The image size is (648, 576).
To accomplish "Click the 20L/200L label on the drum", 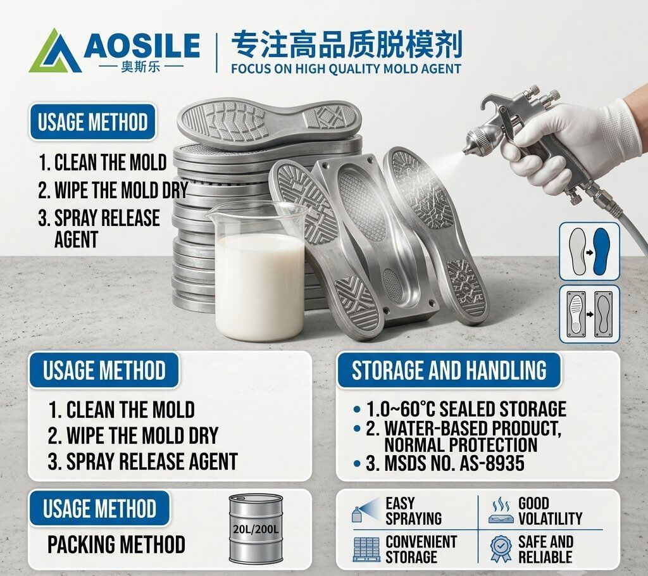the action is click(256, 529).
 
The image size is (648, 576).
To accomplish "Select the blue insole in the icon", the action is click(601, 251).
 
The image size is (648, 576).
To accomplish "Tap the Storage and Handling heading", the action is click(449, 370).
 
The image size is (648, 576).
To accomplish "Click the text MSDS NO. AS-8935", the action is click(454, 463).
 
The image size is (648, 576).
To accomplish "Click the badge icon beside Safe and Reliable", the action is click(501, 548).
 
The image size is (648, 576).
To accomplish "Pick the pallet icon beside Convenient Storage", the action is click(366, 549).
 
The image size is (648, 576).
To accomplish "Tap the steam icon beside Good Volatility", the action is click(501, 511).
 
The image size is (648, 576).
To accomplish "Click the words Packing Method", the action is click(116, 544).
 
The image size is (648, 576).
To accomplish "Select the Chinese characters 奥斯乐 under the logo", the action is click(140, 66).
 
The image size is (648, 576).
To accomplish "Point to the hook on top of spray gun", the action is click(492, 103).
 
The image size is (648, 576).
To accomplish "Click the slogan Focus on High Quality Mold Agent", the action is click(346, 68).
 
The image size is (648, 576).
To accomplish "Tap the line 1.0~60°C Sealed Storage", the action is click(466, 409).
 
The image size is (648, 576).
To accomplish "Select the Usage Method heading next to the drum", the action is click(99, 508).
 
